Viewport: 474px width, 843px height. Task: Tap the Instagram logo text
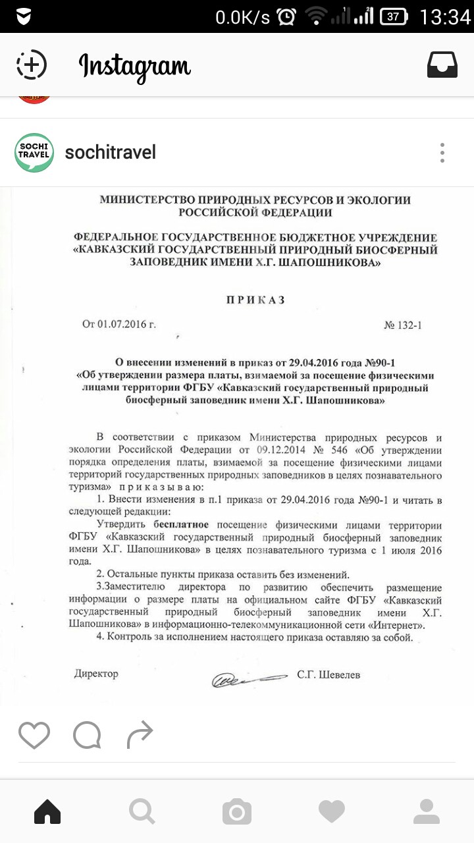[135, 66]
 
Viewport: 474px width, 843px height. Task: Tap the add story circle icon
[32, 65]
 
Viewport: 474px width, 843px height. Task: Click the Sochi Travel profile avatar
[34, 153]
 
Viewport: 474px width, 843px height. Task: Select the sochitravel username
[111, 153]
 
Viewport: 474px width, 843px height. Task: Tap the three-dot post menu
[442, 153]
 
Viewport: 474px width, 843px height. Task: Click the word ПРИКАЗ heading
[255, 300]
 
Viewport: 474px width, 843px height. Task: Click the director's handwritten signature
[248, 676]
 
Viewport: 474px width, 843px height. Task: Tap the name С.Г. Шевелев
[329, 674]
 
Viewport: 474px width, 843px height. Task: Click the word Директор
[96, 674]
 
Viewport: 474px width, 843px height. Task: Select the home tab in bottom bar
[47, 811]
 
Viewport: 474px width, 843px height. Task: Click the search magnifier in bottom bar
[142, 811]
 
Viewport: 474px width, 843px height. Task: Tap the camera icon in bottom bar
[237, 811]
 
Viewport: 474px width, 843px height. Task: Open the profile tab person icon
[427, 811]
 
